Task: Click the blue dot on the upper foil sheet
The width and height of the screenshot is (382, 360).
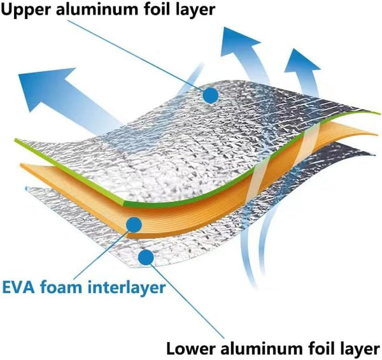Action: tap(210, 95)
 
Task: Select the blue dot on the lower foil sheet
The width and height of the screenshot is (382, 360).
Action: tap(147, 257)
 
